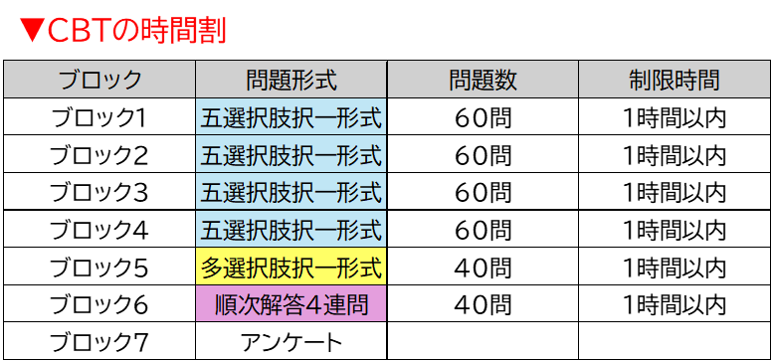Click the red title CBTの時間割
click(x=122, y=32)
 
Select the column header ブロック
click(x=99, y=80)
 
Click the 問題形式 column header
click(x=291, y=80)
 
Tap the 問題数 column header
click(x=482, y=80)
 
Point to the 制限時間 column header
click(x=675, y=80)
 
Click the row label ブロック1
click(x=99, y=117)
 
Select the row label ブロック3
click(x=99, y=192)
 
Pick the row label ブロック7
click(x=99, y=341)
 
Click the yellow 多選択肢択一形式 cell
click(x=291, y=267)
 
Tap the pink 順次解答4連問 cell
click(x=291, y=304)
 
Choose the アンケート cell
click(x=291, y=341)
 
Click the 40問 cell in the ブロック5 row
click(x=482, y=267)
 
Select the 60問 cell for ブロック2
click(x=482, y=155)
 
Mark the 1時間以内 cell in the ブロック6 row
click(x=675, y=304)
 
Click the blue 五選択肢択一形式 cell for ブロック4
click(x=291, y=229)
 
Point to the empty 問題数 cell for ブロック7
click(x=482, y=341)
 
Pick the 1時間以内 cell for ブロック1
click(x=675, y=117)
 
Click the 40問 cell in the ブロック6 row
click(x=482, y=304)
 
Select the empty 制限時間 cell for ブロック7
click(x=675, y=341)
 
